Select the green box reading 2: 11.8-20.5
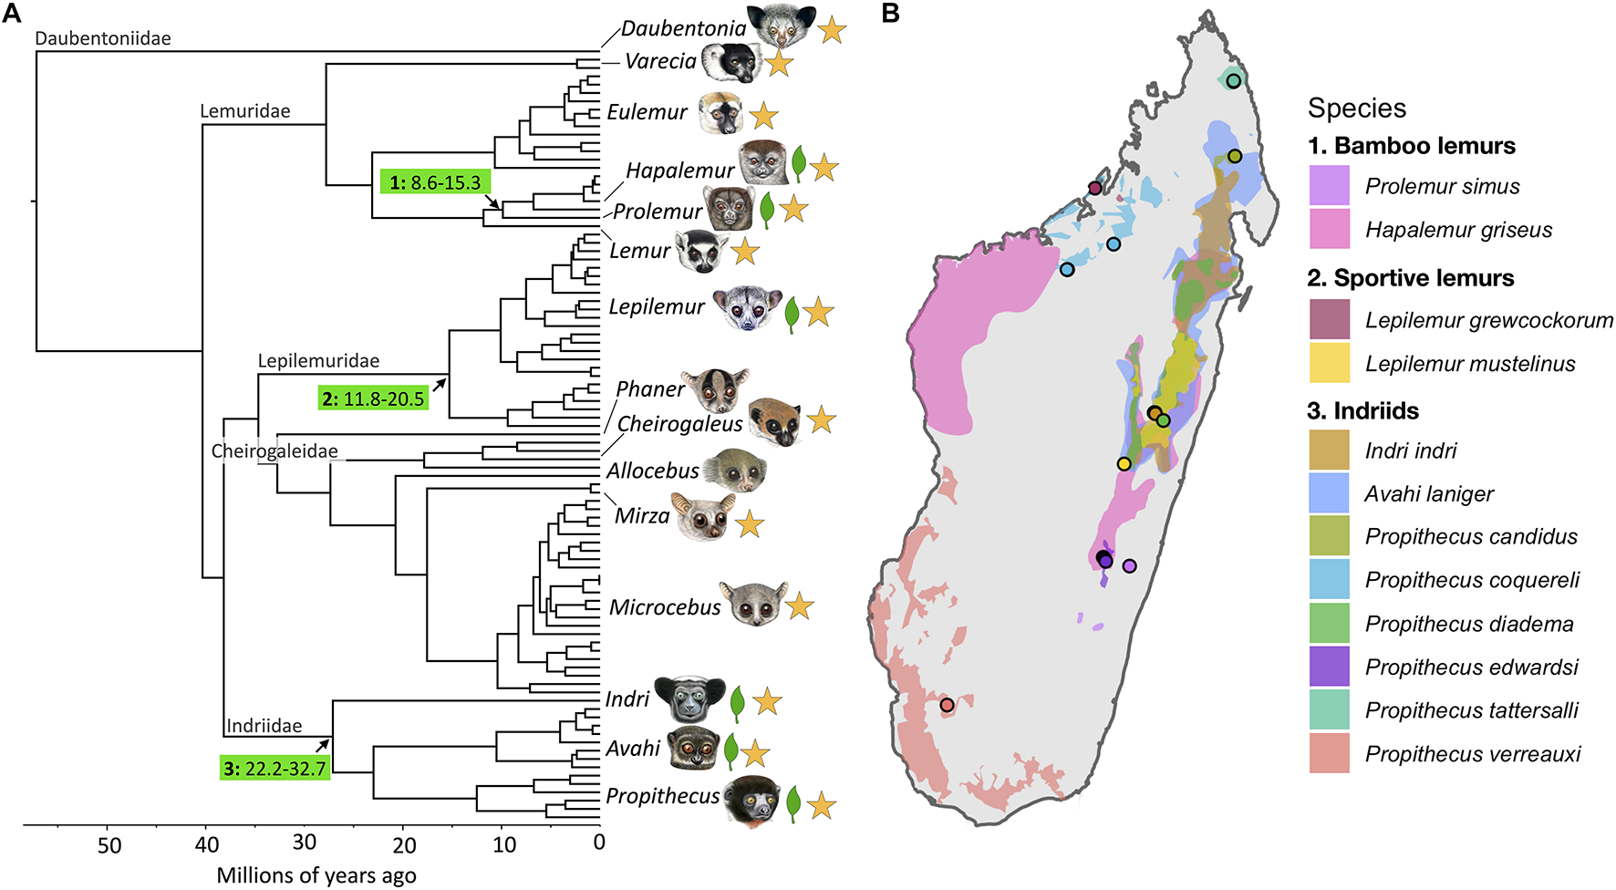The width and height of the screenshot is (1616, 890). [x=373, y=398]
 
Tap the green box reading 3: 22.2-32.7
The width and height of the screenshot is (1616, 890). [x=275, y=768]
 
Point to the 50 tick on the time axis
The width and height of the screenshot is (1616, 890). [x=109, y=845]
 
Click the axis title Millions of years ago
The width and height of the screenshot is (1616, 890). [x=316, y=875]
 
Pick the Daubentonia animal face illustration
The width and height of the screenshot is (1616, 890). [x=781, y=26]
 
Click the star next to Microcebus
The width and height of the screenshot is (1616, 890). [x=800, y=605]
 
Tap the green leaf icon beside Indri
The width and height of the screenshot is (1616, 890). [x=737, y=702]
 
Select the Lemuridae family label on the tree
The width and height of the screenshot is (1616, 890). [x=245, y=111]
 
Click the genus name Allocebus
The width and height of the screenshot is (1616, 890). [x=653, y=471]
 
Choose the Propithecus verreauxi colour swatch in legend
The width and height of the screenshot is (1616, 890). [x=1329, y=753]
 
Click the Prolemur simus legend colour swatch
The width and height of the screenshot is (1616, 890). [x=1329, y=186]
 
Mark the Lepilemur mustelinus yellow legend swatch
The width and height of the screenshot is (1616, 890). [x=1329, y=363]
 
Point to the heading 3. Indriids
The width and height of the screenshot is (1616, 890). [x=1362, y=410]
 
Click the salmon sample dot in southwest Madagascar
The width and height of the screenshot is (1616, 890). [x=947, y=705]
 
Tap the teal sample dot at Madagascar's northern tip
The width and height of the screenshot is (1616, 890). [x=1234, y=81]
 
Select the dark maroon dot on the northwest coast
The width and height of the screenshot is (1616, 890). [x=1095, y=189]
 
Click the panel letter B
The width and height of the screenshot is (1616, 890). [x=890, y=13]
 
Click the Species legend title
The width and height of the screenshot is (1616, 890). [x=1356, y=109]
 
